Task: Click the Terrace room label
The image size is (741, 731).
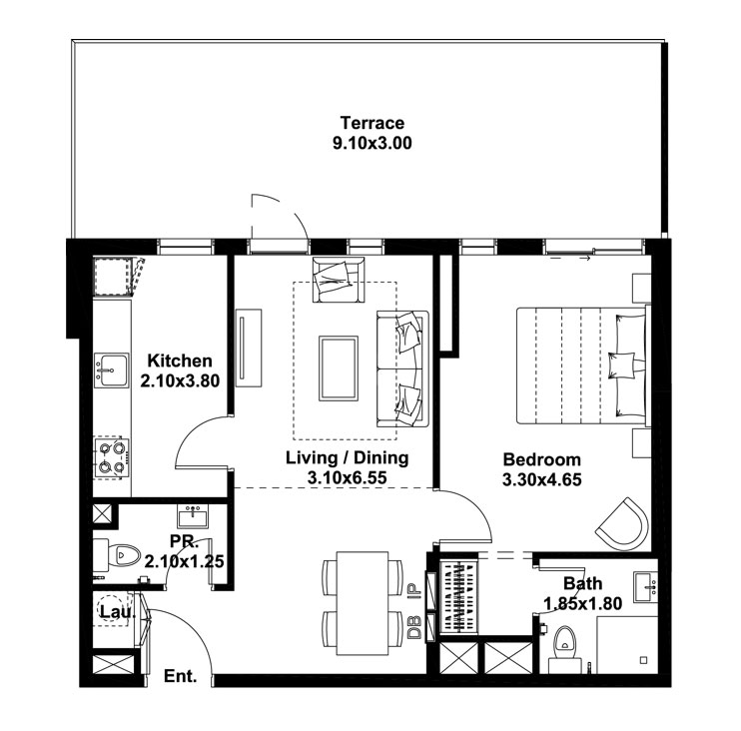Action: pos(372,123)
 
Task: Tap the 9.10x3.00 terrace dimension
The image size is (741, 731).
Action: pos(372,143)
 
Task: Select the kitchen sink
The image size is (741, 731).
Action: pos(111,369)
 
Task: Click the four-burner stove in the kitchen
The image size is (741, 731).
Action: pos(112,457)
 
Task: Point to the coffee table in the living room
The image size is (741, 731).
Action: pos(339,368)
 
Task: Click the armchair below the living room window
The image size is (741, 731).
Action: pos(339,280)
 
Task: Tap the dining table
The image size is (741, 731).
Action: pos(362,603)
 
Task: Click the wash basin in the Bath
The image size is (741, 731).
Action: pos(645,586)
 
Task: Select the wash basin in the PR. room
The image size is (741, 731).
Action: pos(193,516)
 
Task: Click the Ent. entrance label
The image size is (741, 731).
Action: pos(180,676)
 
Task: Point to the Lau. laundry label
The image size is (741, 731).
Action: pos(118,612)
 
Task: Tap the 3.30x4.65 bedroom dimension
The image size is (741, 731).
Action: pos(541,480)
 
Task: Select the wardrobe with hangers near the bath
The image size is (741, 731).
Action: pos(458,597)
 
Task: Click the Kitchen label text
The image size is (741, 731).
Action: pos(180,362)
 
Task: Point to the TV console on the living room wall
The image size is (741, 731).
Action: pos(249,349)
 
